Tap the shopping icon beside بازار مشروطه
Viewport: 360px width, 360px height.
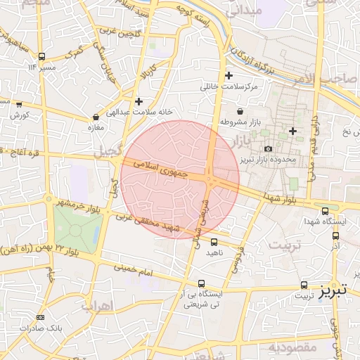click(240, 111)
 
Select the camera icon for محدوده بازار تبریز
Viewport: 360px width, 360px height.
click(268, 149)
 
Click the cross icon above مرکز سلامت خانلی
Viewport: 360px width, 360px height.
click(229, 76)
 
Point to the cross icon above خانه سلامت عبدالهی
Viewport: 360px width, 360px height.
click(139, 101)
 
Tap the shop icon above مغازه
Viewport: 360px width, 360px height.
click(96, 117)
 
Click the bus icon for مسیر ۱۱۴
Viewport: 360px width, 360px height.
click(42, 56)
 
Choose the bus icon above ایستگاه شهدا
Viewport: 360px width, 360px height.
click(324, 211)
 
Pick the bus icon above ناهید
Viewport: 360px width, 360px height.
click(214, 242)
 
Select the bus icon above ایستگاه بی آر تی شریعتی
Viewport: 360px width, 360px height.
click(202, 283)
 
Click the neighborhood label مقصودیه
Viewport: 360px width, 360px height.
click(288, 347)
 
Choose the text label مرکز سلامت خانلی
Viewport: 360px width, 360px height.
click(229, 87)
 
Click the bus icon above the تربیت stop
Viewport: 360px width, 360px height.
click(304, 285)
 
